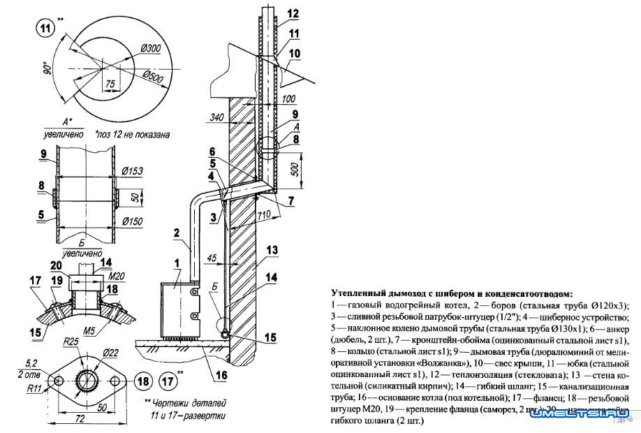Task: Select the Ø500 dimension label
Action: point(156,75)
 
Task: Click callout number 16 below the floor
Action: point(221,375)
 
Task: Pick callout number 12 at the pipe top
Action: point(293,13)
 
